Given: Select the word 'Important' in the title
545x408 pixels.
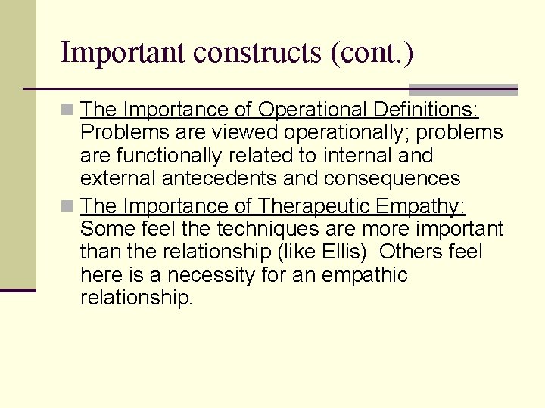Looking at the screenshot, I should pyautogui.click(x=123, y=53).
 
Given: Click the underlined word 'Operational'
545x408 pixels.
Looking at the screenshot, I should pyautogui.click(x=313, y=110).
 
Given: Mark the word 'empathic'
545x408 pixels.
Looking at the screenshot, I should pyautogui.click(x=366, y=275).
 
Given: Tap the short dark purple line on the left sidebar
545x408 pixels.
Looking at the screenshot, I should pyautogui.click(x=17, y=289).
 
